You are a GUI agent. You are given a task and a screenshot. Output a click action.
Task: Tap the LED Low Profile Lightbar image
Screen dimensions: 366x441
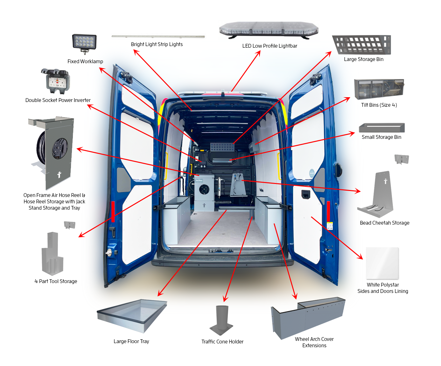click(269, 30)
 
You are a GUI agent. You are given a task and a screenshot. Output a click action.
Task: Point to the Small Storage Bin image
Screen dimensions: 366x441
click(382, 128)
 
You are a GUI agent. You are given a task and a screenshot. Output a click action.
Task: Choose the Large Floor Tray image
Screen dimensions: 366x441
click(132, 315)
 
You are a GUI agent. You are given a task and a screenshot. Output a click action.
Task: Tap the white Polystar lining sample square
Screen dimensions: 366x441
click(382, 263)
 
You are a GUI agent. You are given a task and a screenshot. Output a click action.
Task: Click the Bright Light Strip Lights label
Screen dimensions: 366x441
click(157, 44)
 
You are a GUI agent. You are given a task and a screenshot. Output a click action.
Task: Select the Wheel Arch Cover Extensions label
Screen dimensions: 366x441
click(314, 342)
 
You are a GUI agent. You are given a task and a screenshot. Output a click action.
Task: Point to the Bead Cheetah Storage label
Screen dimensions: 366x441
click(384, 223)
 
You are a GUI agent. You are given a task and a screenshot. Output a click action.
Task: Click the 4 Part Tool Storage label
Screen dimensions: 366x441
click(56, 281)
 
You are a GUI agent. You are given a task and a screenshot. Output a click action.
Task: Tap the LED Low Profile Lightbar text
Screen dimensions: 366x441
click(269, 46)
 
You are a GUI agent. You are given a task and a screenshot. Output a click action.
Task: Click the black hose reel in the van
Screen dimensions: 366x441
click(204, 190)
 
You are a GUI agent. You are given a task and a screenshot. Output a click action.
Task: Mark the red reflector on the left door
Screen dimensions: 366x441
click(113, 211)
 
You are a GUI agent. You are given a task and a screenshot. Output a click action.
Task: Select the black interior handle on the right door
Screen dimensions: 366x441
click(306, 194)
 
